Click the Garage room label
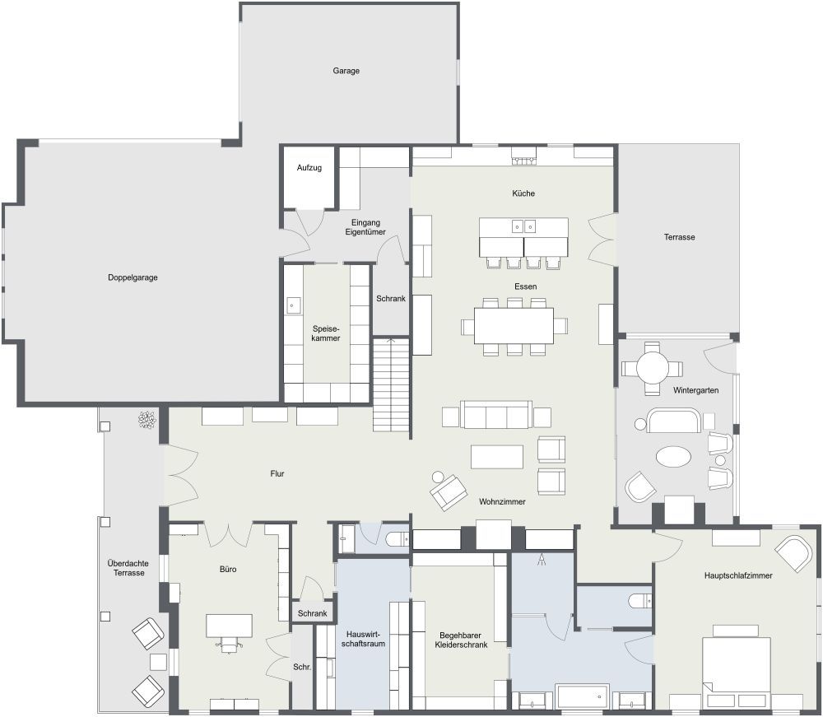346,71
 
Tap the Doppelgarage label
132,277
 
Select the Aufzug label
309,168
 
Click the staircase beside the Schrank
391,384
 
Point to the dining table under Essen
514,326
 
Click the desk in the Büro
229,626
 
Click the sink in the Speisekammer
293,306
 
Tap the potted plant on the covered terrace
147,420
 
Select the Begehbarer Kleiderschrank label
461,640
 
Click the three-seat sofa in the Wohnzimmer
495,415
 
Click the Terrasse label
680,237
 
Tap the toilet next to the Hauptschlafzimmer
640,601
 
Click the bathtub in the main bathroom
582,696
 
